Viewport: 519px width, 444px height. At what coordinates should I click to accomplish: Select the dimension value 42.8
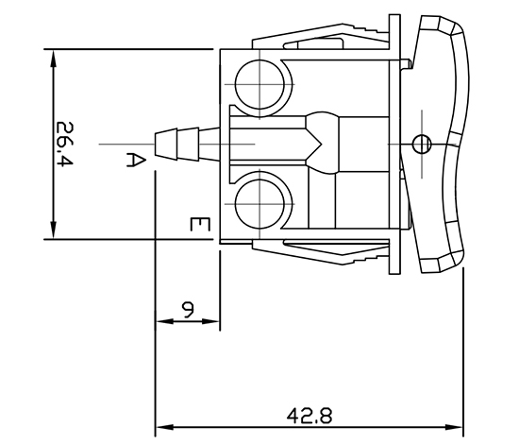[x=310, y=415]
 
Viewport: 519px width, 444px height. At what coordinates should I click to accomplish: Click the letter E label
[x=197, y=225]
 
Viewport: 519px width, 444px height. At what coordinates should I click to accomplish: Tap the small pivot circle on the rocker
[x=422, y=144]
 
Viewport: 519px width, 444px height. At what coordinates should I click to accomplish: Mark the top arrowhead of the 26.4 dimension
[x=53, y=55]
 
